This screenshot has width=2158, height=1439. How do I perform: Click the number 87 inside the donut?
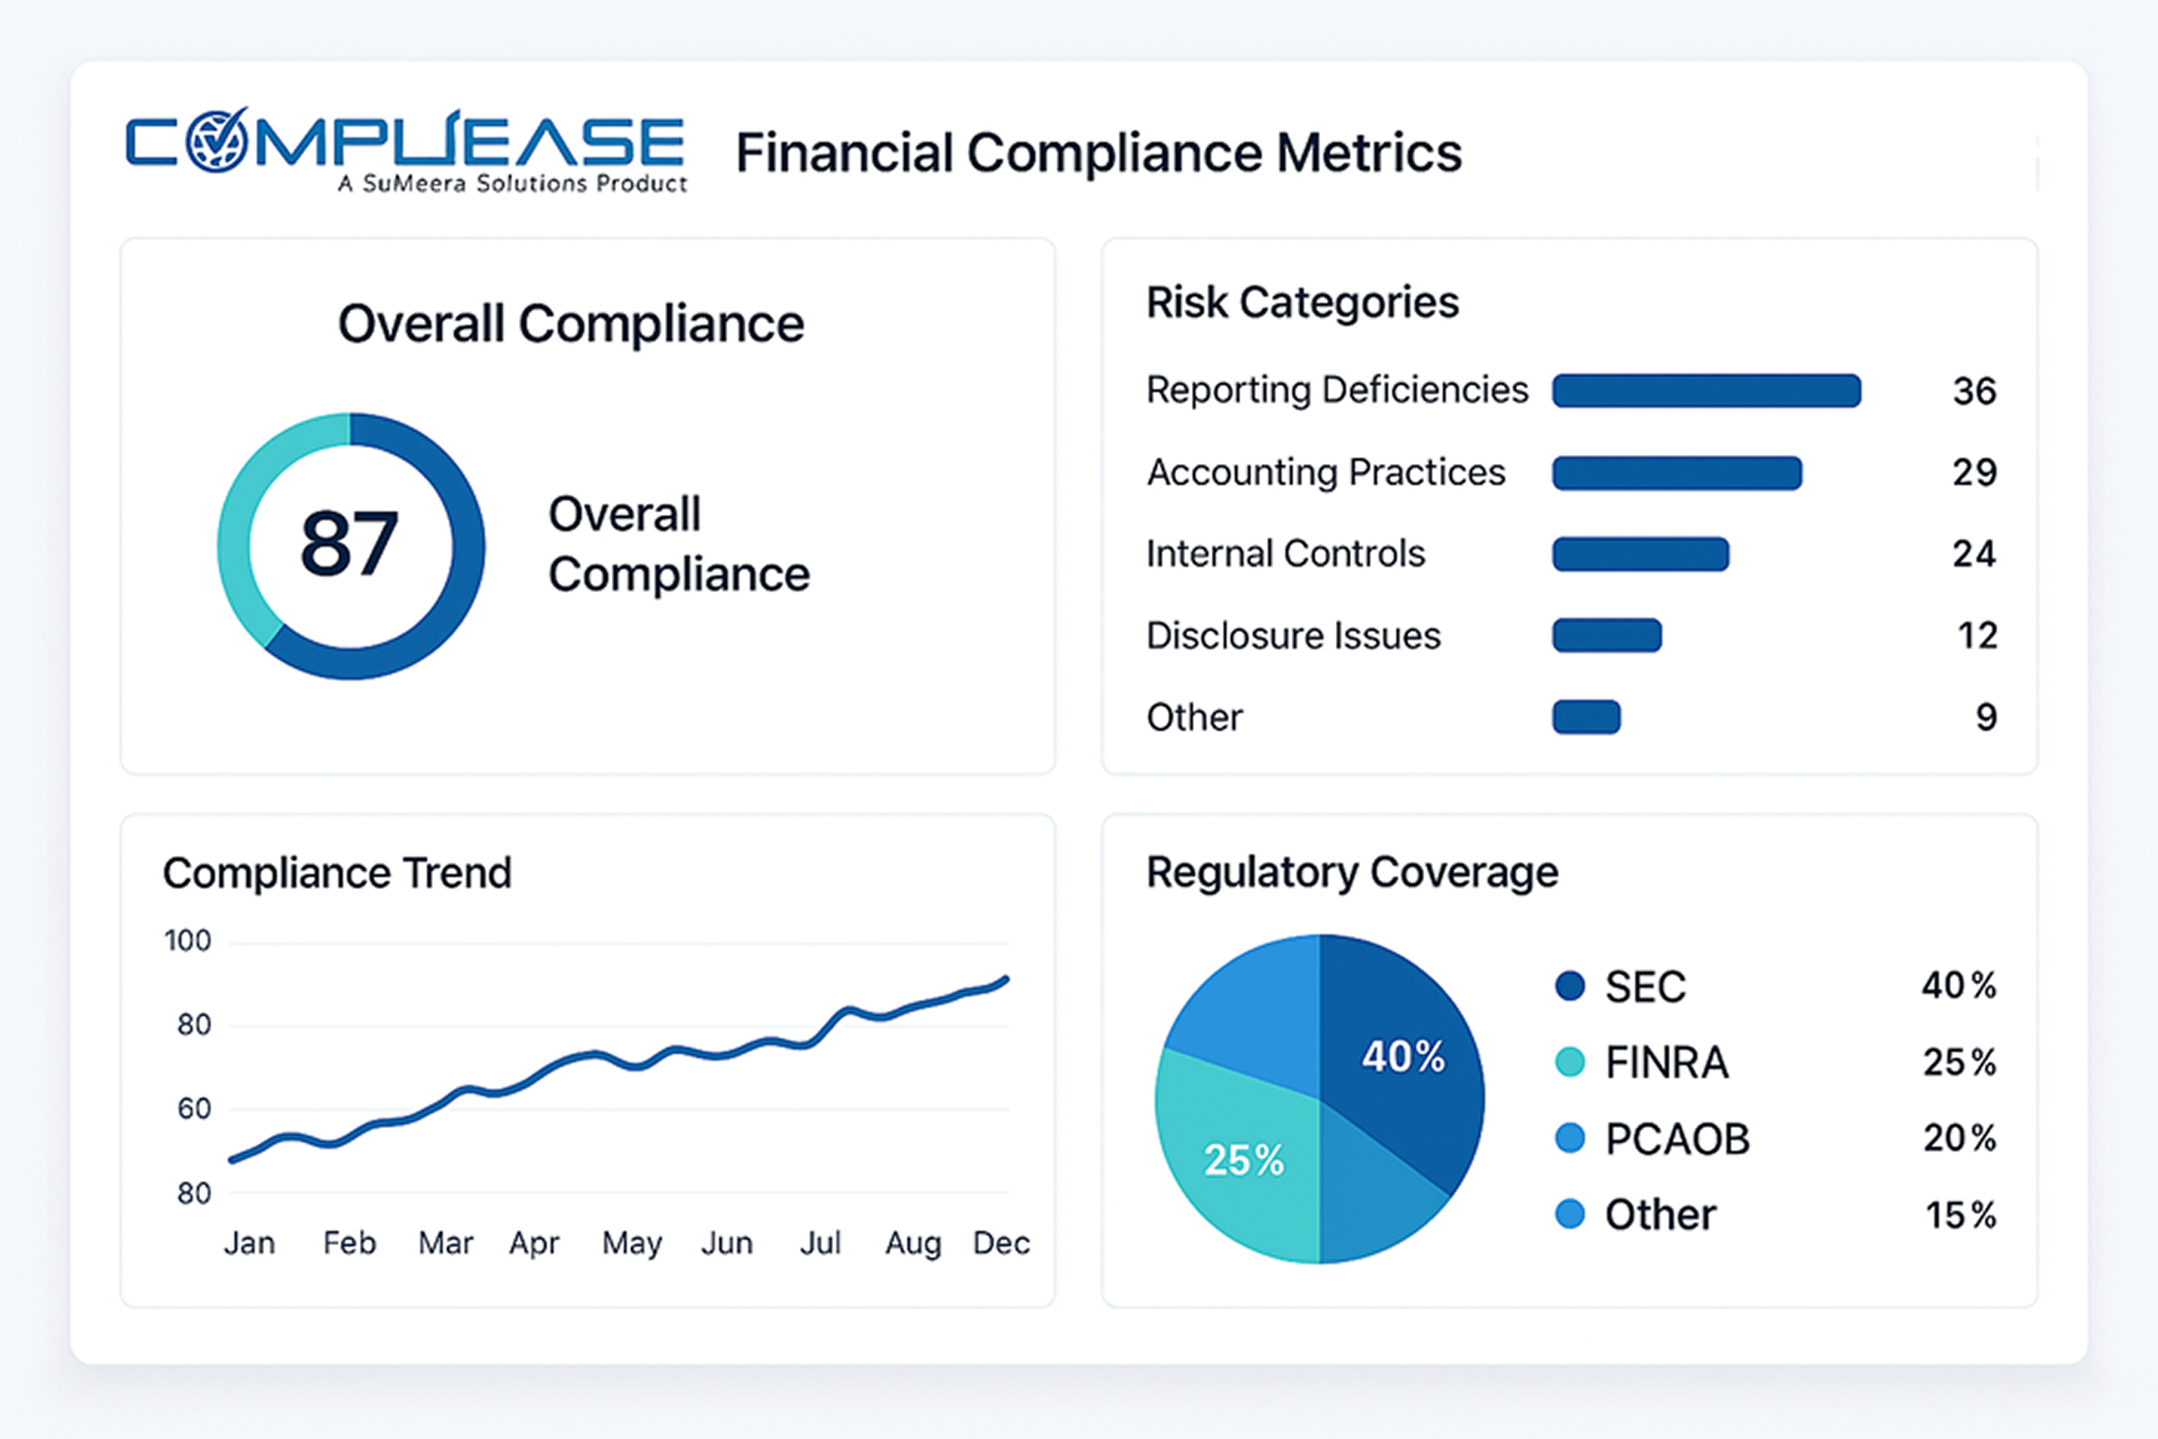click(x=350, y=544)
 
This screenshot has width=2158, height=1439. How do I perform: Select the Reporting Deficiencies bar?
click(x=1706, y=390)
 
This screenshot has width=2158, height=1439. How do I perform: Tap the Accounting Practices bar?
click(x=1676, y=473)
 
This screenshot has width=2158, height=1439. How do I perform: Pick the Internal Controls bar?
click(x=1641, y=555)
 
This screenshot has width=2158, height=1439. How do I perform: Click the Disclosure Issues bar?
click(x=1606, y=635)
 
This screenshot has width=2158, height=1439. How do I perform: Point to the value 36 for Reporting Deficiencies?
click(x=1974, y=391)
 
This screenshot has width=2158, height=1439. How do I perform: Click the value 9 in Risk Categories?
click(x=1985, y=717)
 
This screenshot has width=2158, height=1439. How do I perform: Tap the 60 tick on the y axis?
click(x=194, y=1109)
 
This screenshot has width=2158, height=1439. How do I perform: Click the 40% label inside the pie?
click(x=1403, y=1057)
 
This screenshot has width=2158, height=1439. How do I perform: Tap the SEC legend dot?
click(x=1570, y=987)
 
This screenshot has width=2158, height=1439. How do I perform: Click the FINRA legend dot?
click(x=1570, y=1063)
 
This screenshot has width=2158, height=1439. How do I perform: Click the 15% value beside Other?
click(x=1960, y=1215)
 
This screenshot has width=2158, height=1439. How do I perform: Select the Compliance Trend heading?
click(x=337, y=873)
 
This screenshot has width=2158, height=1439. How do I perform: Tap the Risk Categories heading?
click(x=1302, y=302)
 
